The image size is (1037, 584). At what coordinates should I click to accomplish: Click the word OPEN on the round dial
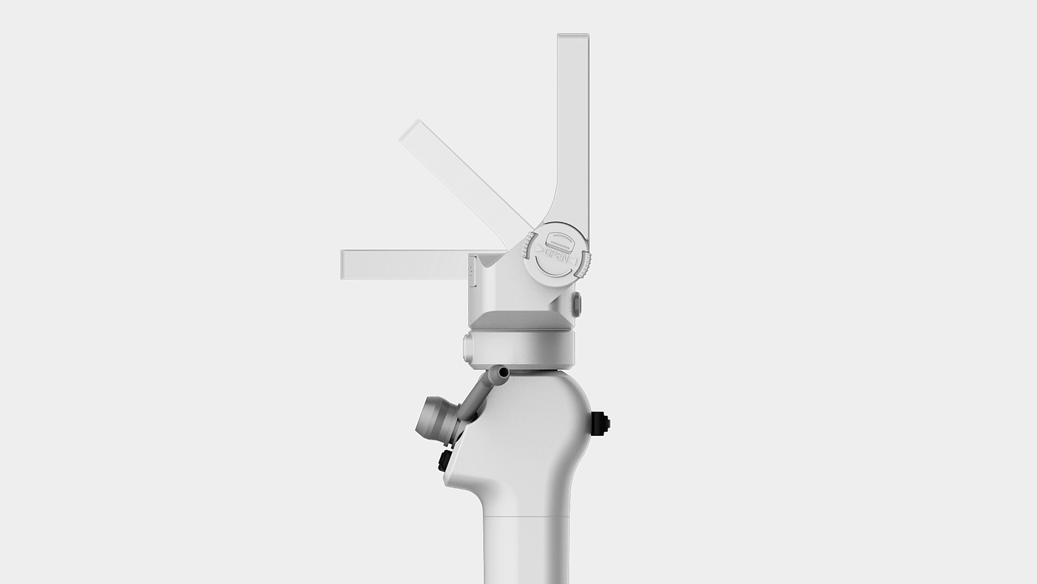tap(557, 254)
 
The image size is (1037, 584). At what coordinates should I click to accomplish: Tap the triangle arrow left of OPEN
tap(540, 250)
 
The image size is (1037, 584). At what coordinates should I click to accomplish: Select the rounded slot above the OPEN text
tap(560, 240)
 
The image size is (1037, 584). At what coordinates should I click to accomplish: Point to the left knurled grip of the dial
tap(527, 246)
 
